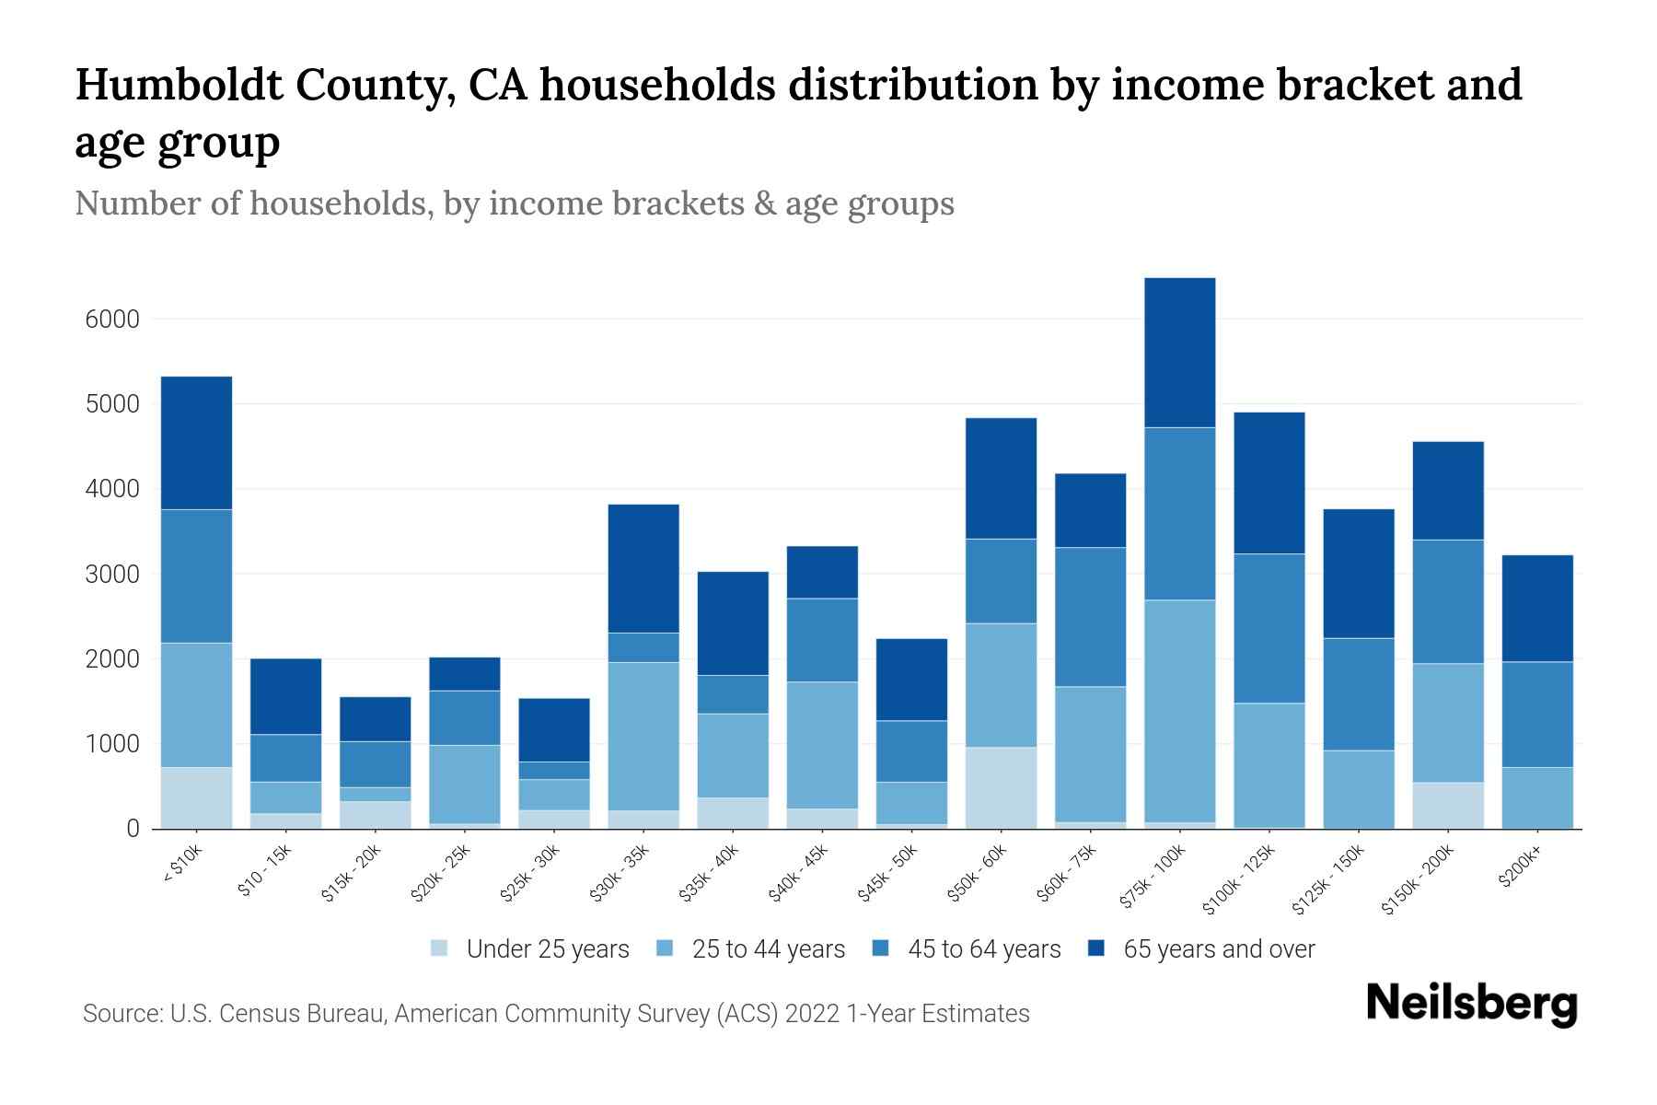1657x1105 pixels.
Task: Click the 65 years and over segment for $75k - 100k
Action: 1179,353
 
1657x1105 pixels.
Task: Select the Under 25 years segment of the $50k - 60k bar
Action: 1001,787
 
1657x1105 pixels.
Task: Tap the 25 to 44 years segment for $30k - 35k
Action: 643,736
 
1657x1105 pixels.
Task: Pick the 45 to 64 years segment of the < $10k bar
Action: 196,576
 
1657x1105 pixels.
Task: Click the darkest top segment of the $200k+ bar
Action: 1537,608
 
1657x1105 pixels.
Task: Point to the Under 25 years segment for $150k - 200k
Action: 1448,805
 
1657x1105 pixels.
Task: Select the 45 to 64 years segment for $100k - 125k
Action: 1269,628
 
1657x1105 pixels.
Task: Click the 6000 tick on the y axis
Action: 111,320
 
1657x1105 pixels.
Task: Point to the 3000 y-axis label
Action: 111,575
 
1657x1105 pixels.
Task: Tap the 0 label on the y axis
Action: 133,829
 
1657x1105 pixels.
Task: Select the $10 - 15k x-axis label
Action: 264,871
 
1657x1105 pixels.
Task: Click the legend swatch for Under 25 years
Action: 440,948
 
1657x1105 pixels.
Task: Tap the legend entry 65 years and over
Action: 1218,949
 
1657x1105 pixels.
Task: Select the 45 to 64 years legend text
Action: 984,949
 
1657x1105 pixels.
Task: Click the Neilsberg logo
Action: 1471,1004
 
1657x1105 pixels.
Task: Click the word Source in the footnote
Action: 121,1014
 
